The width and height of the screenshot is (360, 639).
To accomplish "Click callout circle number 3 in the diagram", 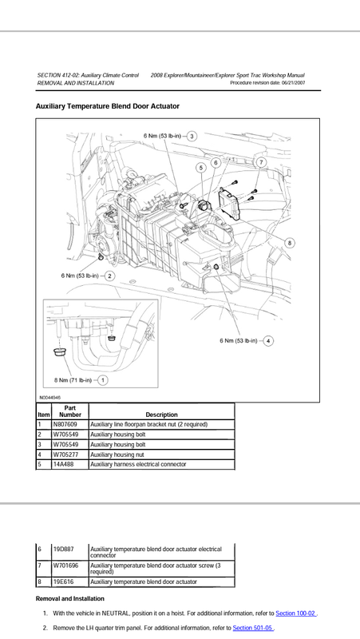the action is point(192,136).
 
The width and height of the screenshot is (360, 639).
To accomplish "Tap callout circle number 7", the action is point(261,162).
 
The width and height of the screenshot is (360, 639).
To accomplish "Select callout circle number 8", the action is point(289,244).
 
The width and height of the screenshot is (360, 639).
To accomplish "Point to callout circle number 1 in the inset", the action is point(103,380).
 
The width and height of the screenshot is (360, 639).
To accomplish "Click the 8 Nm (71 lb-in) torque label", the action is point(73,380).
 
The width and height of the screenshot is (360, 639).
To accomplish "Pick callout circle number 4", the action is point(268,341).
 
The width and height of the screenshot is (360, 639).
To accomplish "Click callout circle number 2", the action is point(109,276).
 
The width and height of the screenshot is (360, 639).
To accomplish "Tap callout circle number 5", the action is point(201,168).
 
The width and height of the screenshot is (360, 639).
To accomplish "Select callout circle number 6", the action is point(216,163).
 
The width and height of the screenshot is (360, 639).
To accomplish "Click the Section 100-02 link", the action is point(295,613).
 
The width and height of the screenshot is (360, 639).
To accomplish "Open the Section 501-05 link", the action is point(253,628).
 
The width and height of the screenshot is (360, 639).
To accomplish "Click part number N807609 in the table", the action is point(65,425).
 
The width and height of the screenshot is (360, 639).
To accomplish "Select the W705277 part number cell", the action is point(65,454).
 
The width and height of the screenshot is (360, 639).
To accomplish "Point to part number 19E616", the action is point(64,582).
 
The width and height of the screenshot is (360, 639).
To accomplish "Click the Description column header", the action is point(162,415).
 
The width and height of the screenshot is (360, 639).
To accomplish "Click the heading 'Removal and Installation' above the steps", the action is point(70,598).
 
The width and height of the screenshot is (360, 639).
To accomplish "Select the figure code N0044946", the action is point(50,397).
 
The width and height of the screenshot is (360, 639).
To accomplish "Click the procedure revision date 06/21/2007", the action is point(293,83).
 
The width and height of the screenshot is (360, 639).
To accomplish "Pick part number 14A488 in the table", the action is point(64,464).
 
